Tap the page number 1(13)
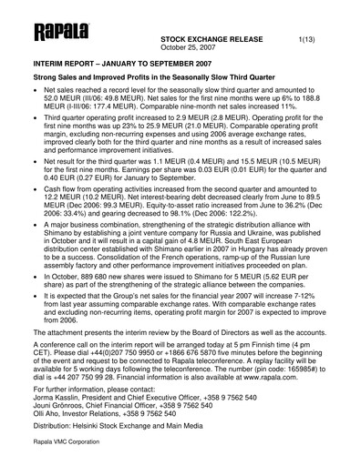pos(310,42)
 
